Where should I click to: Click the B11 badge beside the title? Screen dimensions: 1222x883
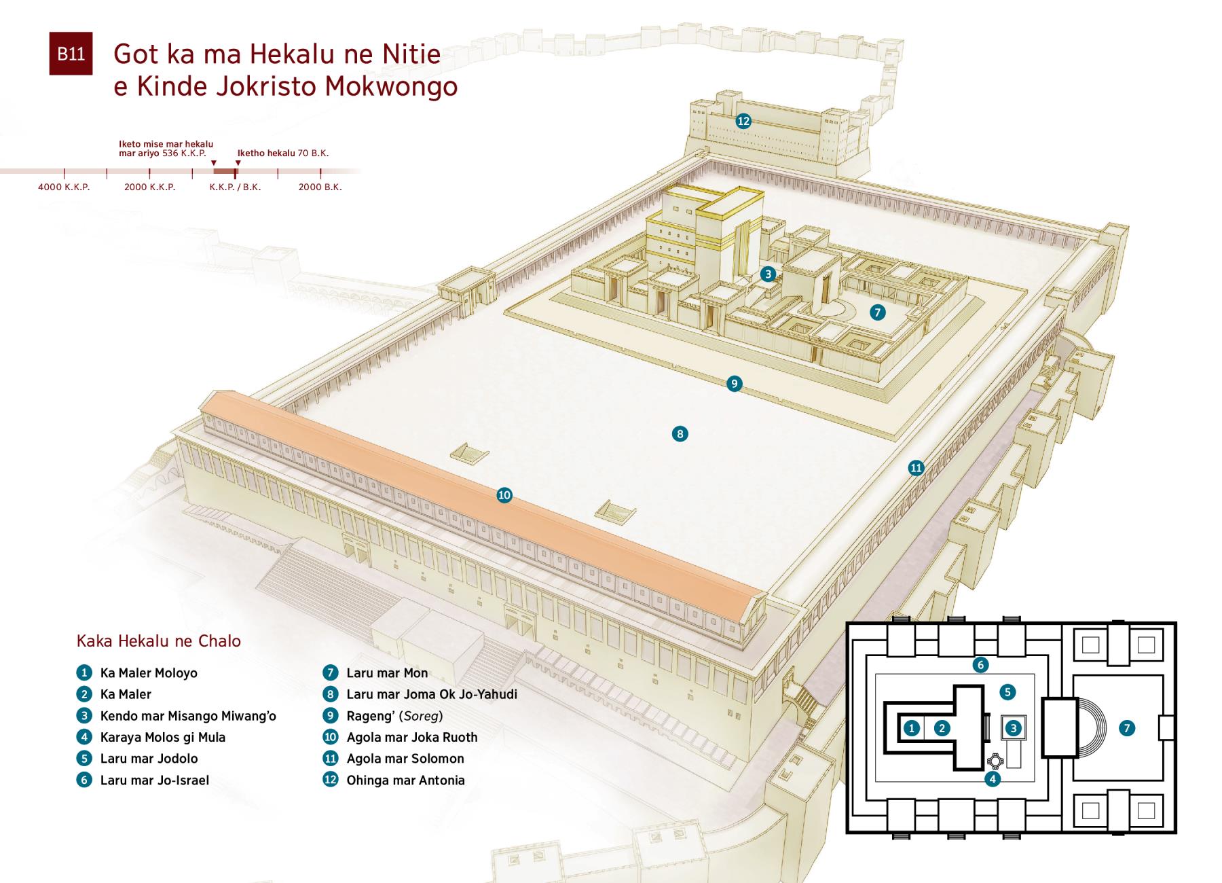pos(71,54)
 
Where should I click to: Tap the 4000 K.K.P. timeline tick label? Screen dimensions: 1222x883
pos(64,187)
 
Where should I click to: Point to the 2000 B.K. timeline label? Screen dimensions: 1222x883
pos(320,187)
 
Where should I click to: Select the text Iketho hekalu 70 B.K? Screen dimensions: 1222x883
pos(283,153)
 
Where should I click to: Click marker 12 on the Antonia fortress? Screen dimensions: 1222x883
pos(743,121)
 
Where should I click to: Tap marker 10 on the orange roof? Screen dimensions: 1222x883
pos(504,495)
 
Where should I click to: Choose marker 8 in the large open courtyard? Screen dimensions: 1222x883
pos(680,433)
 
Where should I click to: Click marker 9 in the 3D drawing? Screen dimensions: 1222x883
pos(734,384)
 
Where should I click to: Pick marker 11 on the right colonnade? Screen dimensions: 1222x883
pos(916,467)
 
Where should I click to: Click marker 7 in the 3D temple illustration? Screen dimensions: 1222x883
pos(878,312)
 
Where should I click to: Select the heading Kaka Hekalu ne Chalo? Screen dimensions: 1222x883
pos(159,641)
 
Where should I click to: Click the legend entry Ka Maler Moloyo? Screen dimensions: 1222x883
pos(149,673)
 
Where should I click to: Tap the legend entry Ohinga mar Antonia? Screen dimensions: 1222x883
pos(405,780)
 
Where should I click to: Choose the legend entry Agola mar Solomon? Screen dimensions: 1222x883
pos(405,759)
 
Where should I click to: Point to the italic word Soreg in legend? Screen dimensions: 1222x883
pos(421,716)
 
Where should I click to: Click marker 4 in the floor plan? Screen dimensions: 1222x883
pos(993,779)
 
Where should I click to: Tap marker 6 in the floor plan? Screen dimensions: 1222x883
pos(980,665)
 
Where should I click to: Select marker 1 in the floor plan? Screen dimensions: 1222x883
pos(912,728)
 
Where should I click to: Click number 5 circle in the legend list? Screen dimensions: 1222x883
pos(84,759)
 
